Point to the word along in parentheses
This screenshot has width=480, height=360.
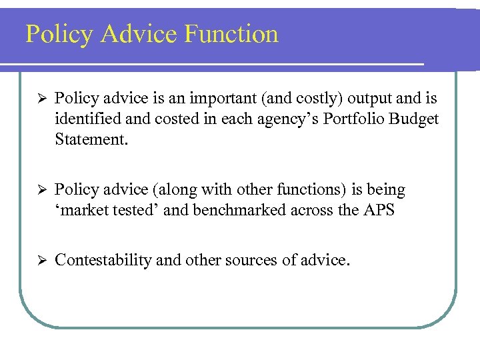click(x=178, y=191)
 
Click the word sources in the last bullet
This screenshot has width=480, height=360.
click(x=249, y=261)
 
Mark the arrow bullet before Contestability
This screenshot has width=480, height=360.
click(x=39, y=260)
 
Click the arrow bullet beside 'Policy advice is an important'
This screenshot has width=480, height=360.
click(x=39, y=99)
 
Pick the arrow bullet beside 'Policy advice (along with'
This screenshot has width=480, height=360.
click(x=39, y=191)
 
